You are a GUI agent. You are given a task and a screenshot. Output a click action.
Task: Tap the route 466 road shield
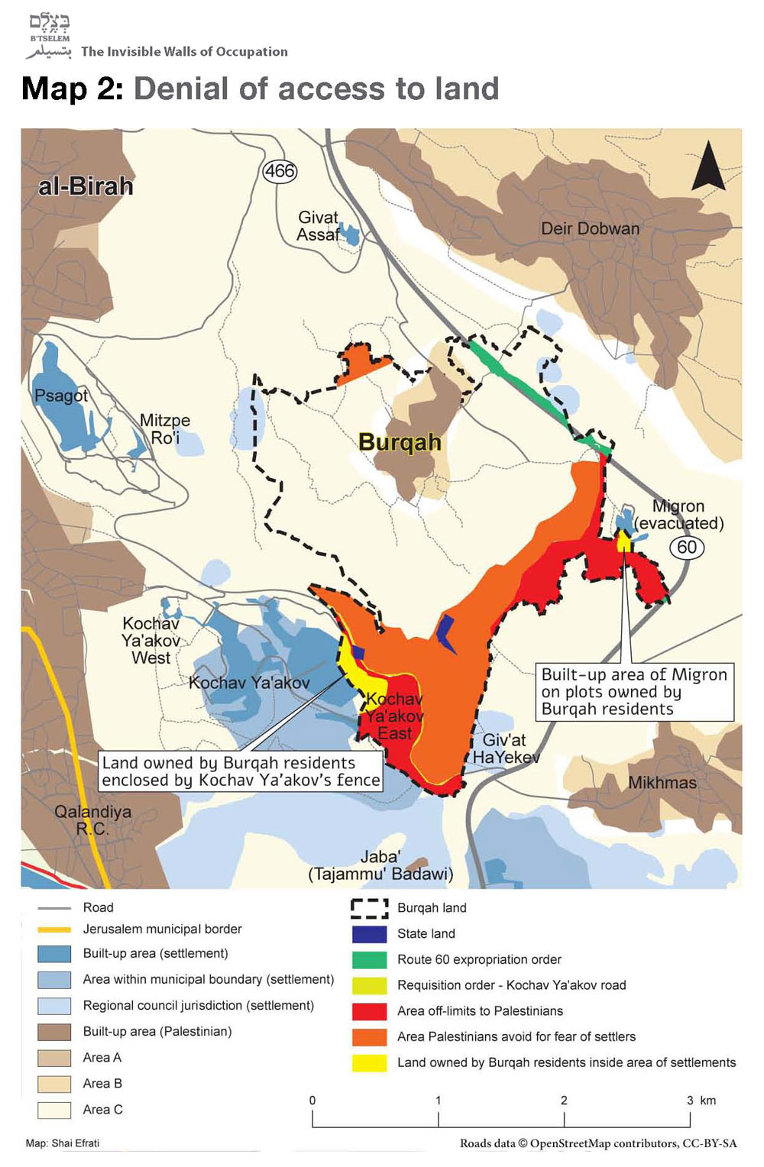(x=280, y=171)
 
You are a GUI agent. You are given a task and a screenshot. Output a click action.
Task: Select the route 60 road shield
(x=687, y=547)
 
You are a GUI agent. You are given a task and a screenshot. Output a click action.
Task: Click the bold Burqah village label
(x=400, y=442)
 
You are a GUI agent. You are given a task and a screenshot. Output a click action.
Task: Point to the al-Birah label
(x=86, y=186)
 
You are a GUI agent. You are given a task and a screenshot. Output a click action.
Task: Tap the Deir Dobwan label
(x=590, y=228)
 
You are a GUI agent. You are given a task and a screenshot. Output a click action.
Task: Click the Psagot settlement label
(x=61, y=396)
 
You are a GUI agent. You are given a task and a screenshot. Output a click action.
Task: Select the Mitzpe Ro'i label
(x=164, y=428)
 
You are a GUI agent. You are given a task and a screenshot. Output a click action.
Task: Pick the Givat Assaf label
(x=318, y=226)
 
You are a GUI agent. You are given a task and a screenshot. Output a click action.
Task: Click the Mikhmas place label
(x=662, y=783)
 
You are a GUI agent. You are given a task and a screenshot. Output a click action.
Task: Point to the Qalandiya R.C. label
(x=92, y=819)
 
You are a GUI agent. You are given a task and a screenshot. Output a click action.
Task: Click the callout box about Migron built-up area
(x=634, y=692)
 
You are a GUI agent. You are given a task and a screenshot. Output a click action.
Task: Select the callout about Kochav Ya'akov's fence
(x=241, y=771)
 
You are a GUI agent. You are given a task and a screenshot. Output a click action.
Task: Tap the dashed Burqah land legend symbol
(x=369, y=907)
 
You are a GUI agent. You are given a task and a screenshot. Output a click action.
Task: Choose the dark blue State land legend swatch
(x=369, y=933)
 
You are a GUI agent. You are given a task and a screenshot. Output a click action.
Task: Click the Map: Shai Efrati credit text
(x=63, y=1143)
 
